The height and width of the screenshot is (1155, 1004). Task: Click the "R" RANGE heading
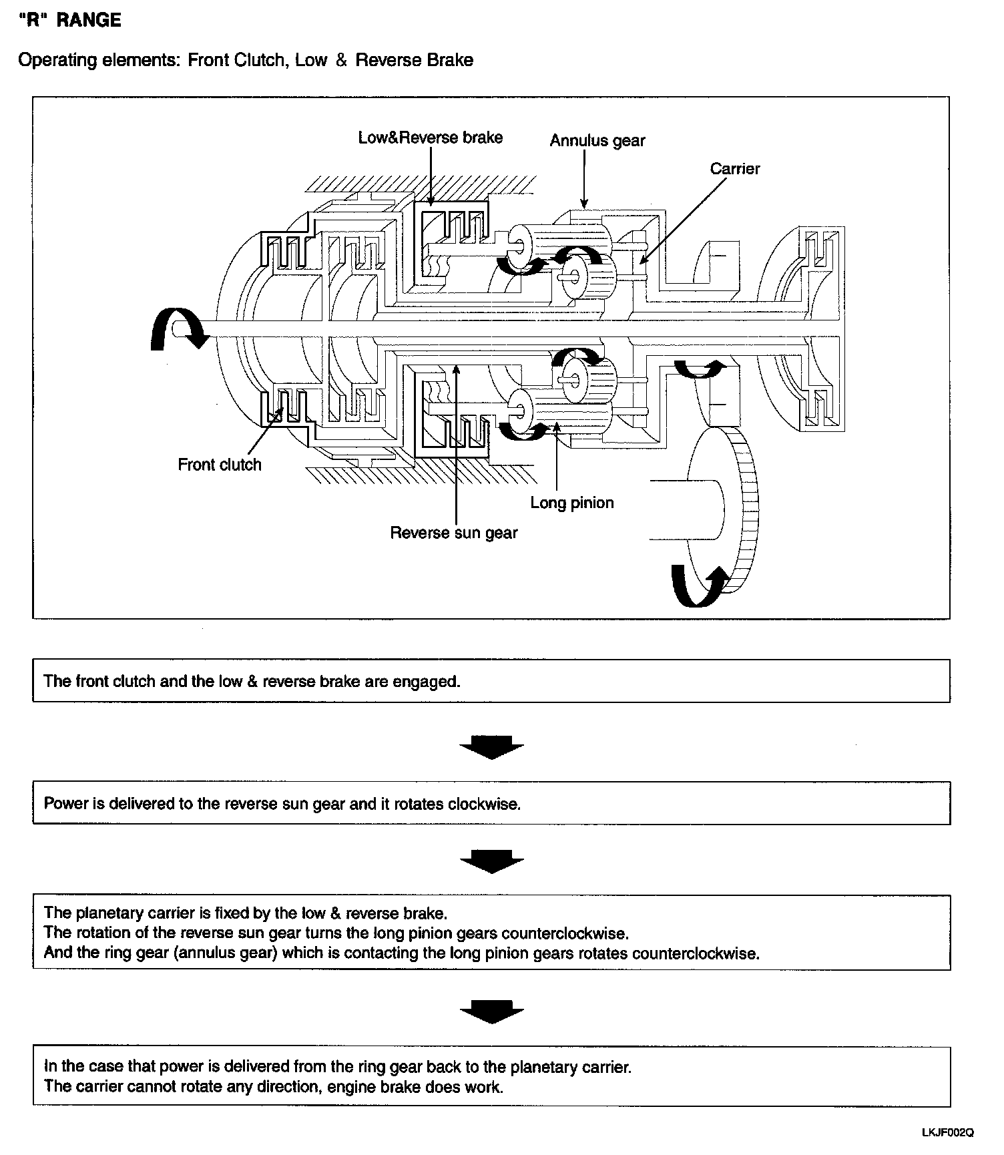point(70,20)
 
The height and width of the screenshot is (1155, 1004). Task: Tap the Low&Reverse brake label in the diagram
point(431,138)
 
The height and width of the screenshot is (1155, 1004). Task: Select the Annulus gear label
point(597,141)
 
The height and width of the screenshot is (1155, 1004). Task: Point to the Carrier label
point(734,169)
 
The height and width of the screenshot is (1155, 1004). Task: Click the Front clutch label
point(220,465)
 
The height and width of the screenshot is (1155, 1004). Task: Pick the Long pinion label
point(572,503)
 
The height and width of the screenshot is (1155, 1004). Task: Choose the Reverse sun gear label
point(454,533)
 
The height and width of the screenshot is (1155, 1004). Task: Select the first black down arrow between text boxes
point(491,747)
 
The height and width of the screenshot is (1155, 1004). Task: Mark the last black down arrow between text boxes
point(491,1011)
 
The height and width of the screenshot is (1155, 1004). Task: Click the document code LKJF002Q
point(947,1132)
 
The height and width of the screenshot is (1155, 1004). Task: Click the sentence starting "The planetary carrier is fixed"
point(245,913)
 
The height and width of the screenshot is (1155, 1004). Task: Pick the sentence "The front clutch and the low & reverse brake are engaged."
point(252,681)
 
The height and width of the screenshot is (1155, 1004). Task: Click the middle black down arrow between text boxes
point(491,861)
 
